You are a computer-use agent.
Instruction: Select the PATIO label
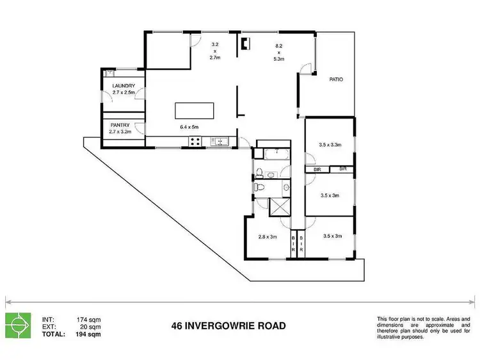point(336,80)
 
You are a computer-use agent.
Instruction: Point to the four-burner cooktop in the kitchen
point(192,141)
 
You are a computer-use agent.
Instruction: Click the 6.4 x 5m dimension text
point(190,127)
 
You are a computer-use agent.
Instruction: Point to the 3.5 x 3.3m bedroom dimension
point(330,145)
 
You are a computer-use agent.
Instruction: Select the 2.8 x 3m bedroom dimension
point(266,236)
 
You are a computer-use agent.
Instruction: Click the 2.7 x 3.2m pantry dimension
point(121,133)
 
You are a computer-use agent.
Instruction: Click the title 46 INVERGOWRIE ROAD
point(228,325)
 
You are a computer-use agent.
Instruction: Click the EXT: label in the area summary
point(48,327)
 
